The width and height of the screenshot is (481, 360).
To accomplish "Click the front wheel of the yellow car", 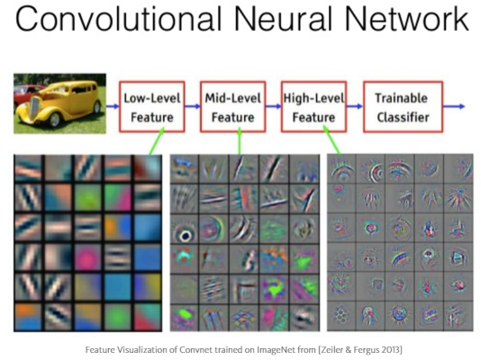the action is coord(55,120).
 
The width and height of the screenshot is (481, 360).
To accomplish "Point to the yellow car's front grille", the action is coord(34,109).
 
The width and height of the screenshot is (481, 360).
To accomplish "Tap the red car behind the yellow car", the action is coord(26,91).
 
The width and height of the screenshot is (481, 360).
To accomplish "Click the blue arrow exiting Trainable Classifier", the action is coord(454,106).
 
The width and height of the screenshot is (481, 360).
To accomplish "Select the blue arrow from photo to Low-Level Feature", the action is coord(113,106).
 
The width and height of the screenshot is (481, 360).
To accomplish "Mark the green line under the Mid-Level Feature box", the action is coord(240,141).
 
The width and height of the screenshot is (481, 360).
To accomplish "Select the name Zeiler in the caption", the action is coord(331,349).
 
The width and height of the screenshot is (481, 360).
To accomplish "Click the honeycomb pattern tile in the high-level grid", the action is coord(341,315).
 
